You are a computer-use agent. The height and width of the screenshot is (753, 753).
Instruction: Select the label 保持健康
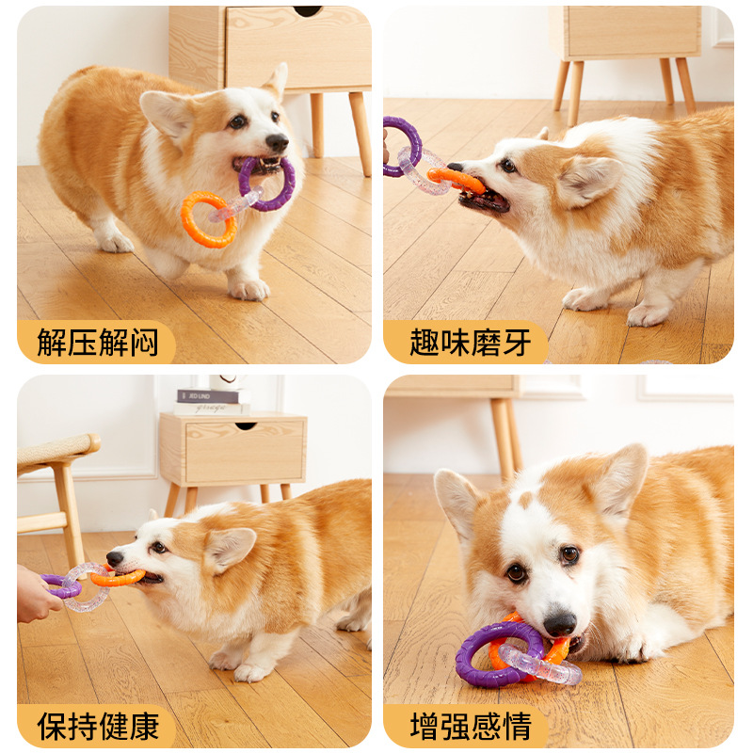pyautogui.click(x=98, y=727)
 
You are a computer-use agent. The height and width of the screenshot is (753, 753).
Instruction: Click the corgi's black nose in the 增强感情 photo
pyautogui.click(x=559, y=623)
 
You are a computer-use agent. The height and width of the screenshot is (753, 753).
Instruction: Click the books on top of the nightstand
pyautogui.click(x=207, y=402)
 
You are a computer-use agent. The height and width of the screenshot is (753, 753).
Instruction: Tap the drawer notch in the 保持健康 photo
pyautogui.click(x=245, y=426)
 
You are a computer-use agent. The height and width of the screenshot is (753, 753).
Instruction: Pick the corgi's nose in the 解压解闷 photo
pyautogui.click(x=277, y=142)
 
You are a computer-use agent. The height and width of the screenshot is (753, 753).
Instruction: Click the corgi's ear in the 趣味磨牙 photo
pyautogui.click(x=588, y=179)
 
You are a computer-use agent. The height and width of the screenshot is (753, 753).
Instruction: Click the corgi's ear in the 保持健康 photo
pyautogui.click(x=229, y=549)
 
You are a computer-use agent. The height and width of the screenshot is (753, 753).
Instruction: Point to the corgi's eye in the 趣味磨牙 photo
pyautogui.click(x=508, y=166)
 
